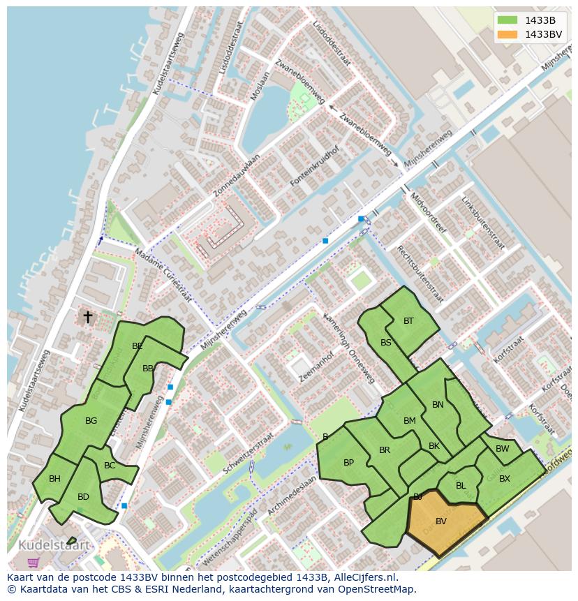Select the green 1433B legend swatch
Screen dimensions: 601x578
click(x=507, y=20)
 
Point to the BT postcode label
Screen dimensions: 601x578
click(x=408, y=321)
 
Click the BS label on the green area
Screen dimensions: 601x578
click(x=386, y=343)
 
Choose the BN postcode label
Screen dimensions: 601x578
click(x=438, y=405)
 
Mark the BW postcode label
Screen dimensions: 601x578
click(x=502, y=449)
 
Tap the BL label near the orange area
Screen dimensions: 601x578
click(x=461, y=486)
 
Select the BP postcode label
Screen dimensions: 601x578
click(x=348, y=463)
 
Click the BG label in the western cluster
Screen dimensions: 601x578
click(x=91, y=421)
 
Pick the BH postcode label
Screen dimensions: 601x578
click(x=54, y=478)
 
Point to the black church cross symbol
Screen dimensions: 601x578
click(x=88, y=317)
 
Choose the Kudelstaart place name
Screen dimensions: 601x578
click(x=54, y=544)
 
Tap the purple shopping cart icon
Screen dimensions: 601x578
click(x=33, y=562)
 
